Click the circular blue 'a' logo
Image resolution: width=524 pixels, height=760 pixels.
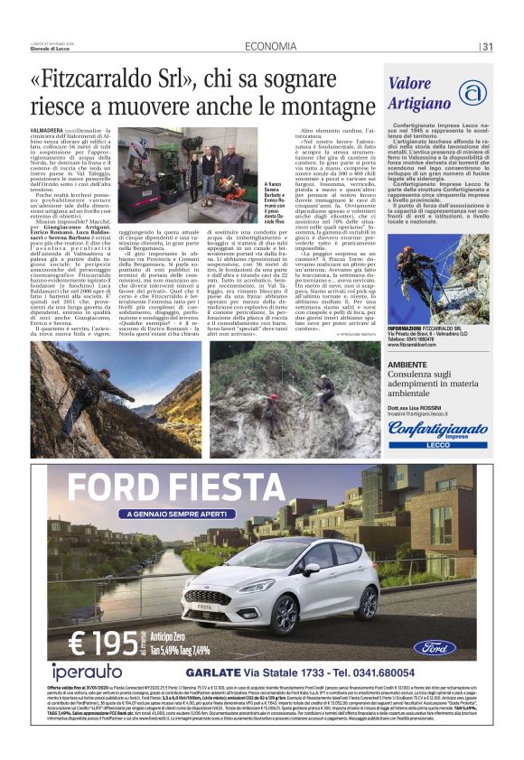point(471,92)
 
